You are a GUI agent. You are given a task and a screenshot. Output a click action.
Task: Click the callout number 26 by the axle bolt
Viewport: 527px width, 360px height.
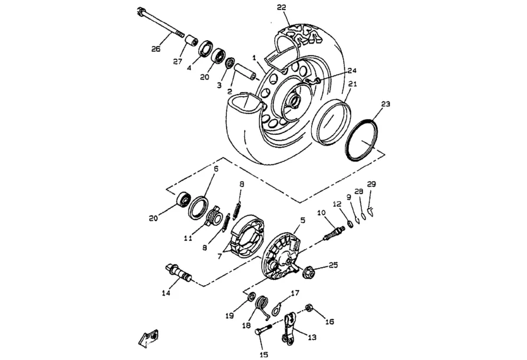coord(156,49)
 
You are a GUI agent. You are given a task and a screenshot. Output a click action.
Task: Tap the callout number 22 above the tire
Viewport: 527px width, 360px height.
coord(281,7)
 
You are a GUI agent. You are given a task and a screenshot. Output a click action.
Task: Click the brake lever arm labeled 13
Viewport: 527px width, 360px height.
coord(289,328)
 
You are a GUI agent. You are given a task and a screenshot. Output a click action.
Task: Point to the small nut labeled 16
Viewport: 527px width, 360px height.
coord(309,308)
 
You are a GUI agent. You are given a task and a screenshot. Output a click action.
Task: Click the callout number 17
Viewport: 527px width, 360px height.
coord(295,292)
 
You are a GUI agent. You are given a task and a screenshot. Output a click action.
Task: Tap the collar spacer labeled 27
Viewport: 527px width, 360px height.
coord(191,41)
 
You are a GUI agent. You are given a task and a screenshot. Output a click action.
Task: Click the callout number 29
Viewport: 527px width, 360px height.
coord(371,184)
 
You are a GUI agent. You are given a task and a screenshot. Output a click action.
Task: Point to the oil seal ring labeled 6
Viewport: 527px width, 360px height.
coord(198,208)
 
